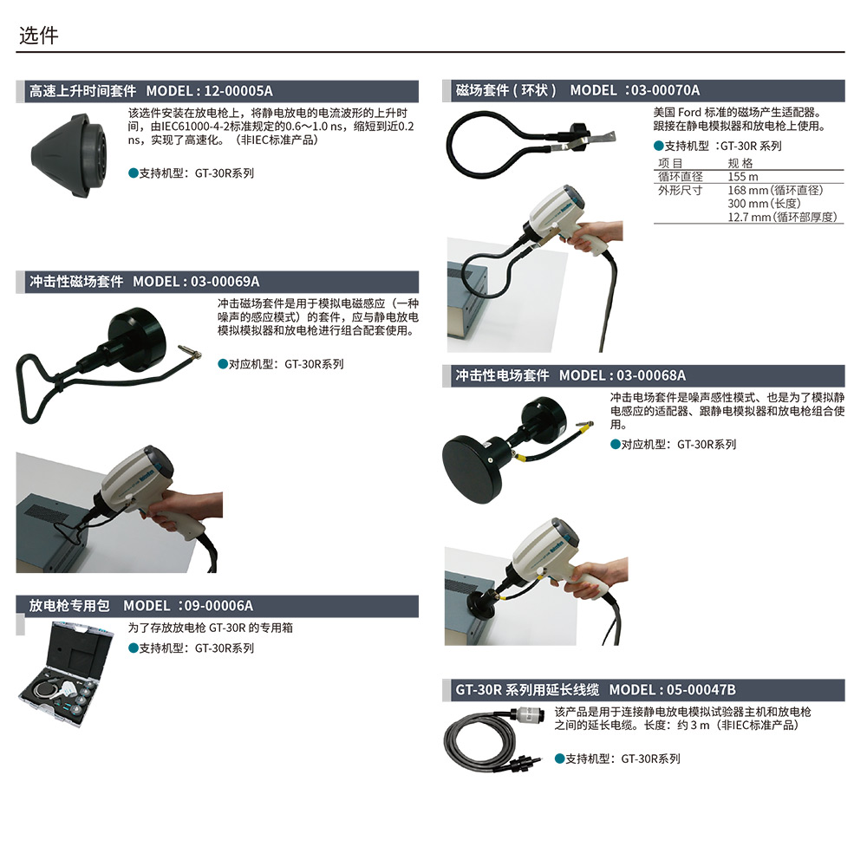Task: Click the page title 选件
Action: click(39, 36)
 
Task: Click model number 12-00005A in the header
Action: click(238, 91)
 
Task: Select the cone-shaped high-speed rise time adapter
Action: click(68, 156)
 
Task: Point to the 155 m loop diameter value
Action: click(743, 177)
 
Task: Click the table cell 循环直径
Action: click(680, 177)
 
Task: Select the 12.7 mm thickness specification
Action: click(782, 218)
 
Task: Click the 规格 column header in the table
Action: click(740, 164)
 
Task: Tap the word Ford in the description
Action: click(689, 112)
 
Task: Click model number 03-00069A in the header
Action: click(225, 282)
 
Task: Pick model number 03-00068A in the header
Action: click(651, 376)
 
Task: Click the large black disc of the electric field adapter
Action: click(472, 469)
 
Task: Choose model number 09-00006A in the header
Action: click(218, 606)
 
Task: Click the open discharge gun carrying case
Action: click(66, 674)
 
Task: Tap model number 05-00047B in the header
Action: click(701, 690)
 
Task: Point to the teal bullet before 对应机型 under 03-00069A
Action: click(223, 364)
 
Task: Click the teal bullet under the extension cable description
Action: click(559, 759)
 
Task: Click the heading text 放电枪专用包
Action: click(69, 606)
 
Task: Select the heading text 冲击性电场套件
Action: click(502, 376)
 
